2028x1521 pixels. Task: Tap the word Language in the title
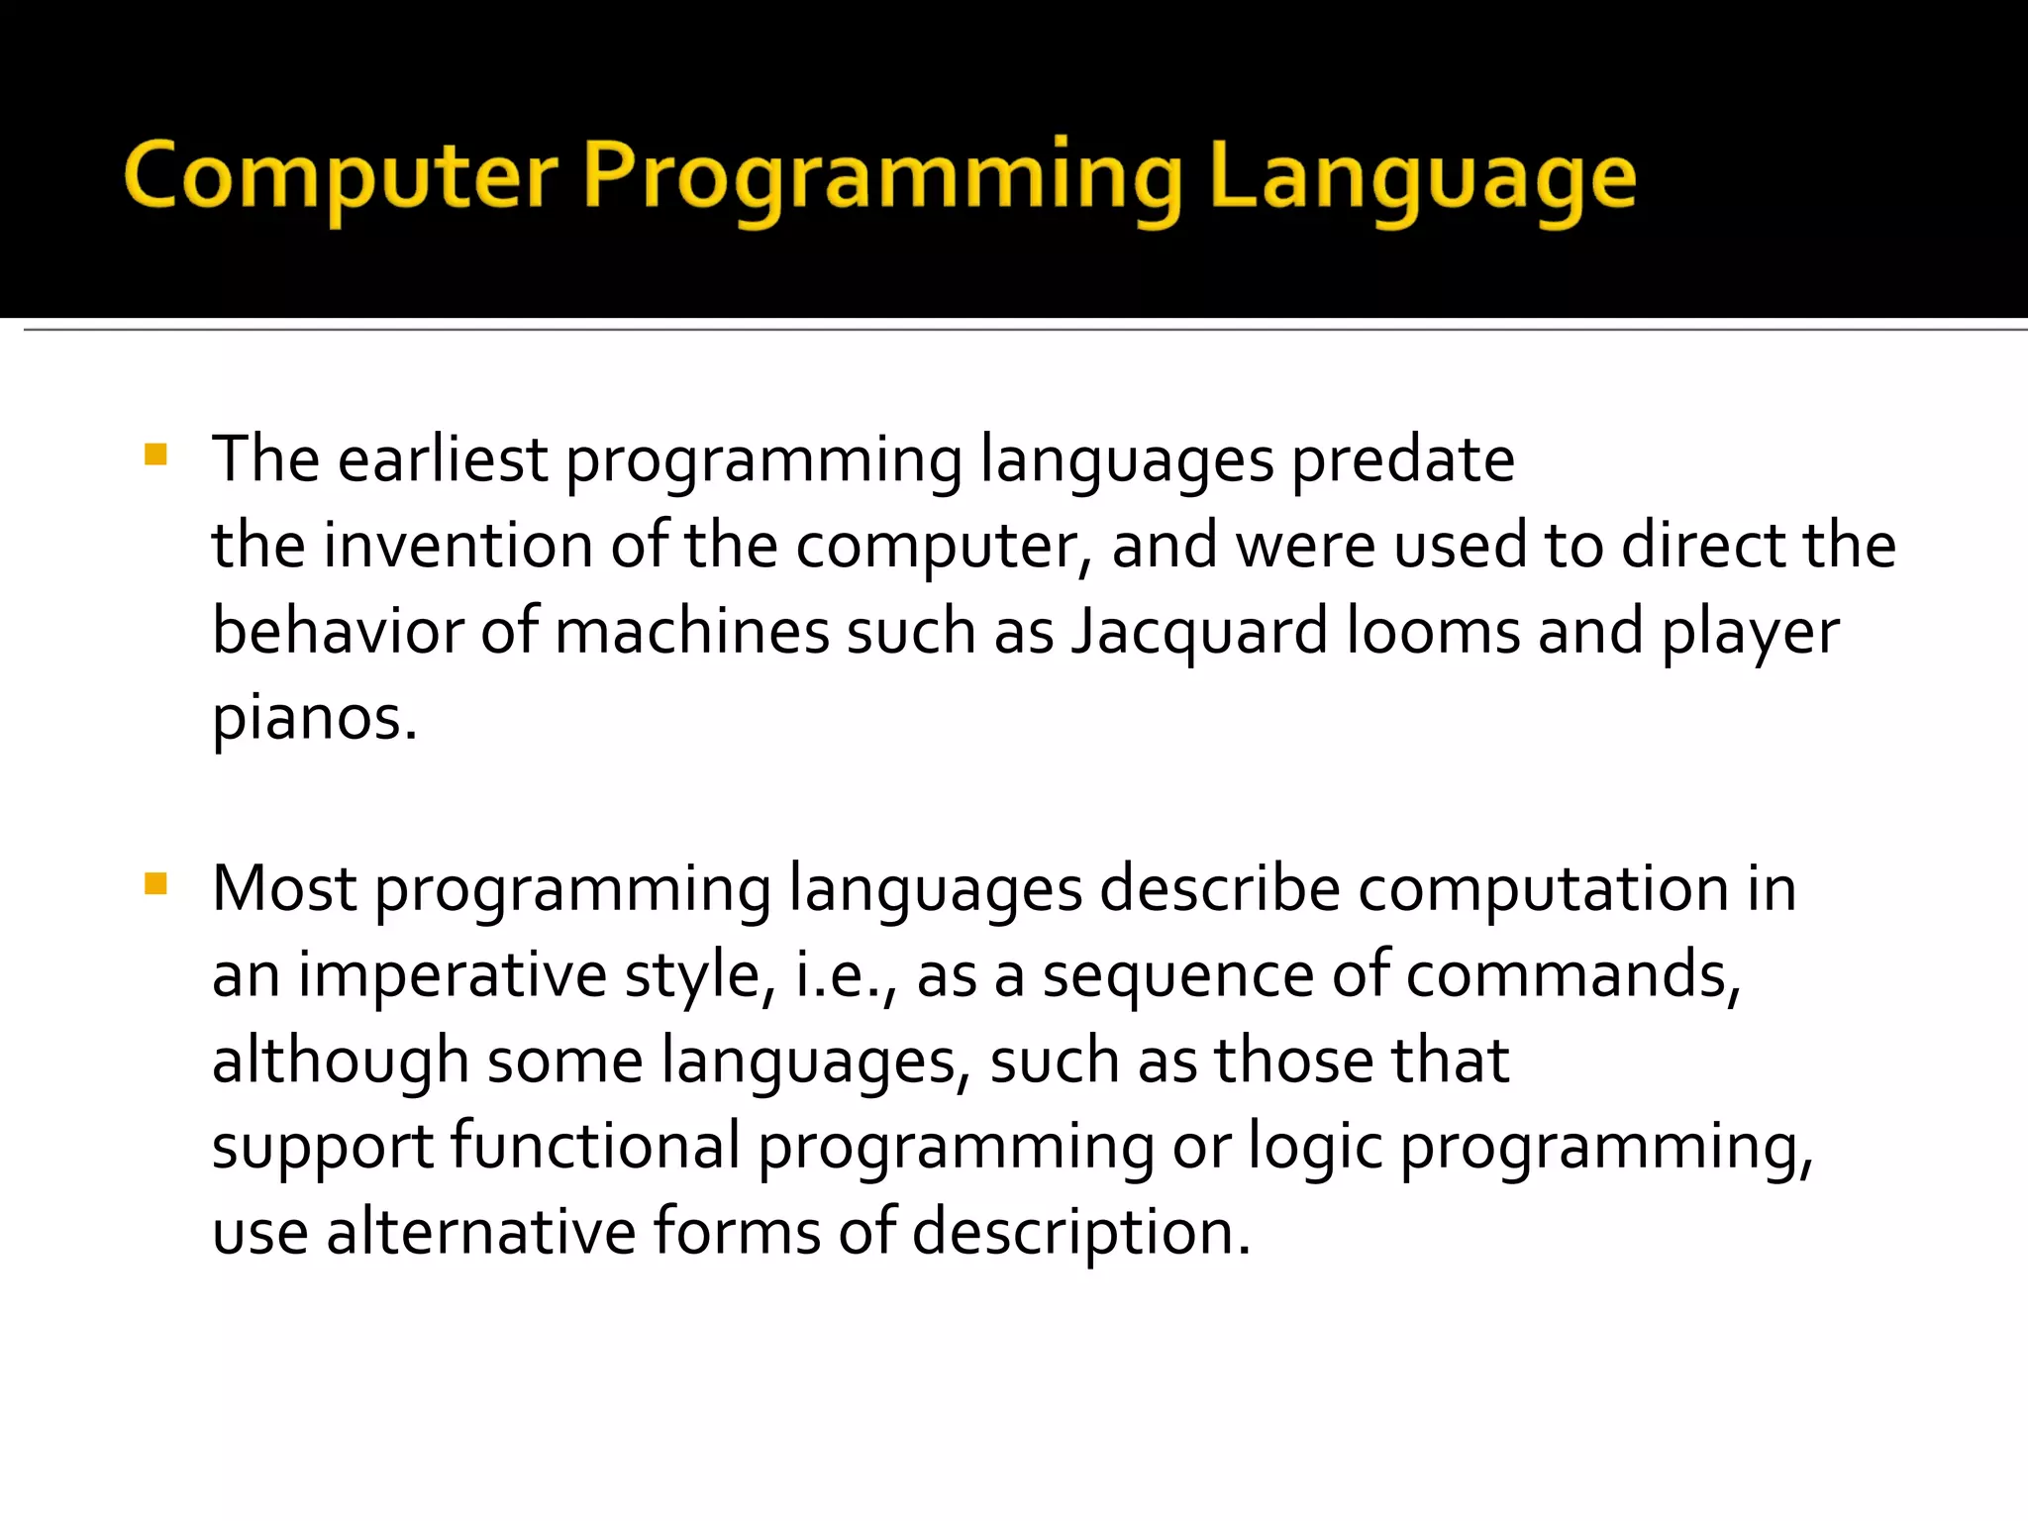pyautogui.click(x=1422, y=178)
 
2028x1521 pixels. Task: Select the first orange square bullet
pyautogui.click(x=155, y=455)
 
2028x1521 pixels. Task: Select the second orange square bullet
pyautogui.click(x=155, y=883)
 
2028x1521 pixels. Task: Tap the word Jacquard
pyautogui.click(x=1198, y=632)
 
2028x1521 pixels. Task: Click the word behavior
pyautogui.click(x=337, y=632)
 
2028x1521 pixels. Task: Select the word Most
pyautogui.click(x=283, y=888)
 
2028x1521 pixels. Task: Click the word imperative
pyautogui.click(x=452, y=974)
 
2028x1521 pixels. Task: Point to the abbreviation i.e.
pyautogui.click(x=845, y=974)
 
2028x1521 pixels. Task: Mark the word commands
pyautogui.click(x=1572, y=974)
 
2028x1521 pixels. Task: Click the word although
pyautogui.click(x=340, y=1061)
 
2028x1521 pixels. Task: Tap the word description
pyautogui.click(x=1080, y=1232)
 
